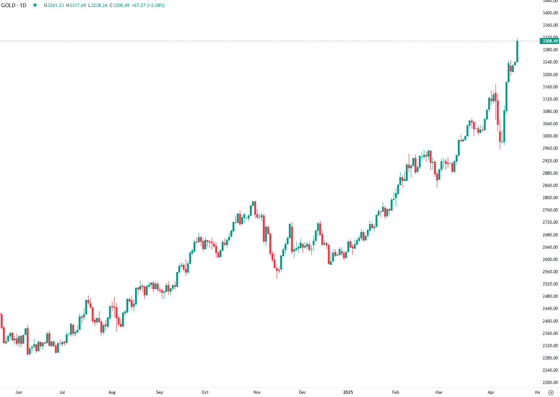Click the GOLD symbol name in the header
coord(8,5)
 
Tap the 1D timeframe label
coord(23,5)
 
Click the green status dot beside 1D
coord(35,5)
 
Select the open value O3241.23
coord(54,5)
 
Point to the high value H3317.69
coord(76,5)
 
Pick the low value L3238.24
coord(98,5)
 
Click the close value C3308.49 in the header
coord(120,5)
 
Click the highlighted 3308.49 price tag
coord(550,41)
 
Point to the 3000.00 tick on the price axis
coord(550,136)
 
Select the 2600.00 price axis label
coord(550,259)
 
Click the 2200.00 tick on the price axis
coord(550,383)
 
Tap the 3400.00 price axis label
coord(550,13)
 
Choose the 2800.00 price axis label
coord(550,198)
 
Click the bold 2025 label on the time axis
coord(348,392)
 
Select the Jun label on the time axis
coord(19,392)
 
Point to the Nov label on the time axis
coord(257,392)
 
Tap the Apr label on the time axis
coord(491,392)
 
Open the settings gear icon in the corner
coord(551,393)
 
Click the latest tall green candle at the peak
coord(517,51)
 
